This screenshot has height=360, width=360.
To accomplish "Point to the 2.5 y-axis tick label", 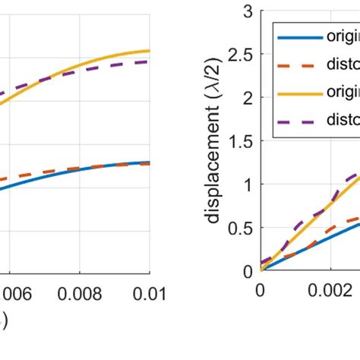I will (242, 55).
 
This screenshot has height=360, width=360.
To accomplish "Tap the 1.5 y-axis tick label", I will (242, 141).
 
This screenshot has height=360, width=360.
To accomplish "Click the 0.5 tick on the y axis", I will (242, 228).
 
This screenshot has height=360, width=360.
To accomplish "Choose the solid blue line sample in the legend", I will (299, 36).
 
